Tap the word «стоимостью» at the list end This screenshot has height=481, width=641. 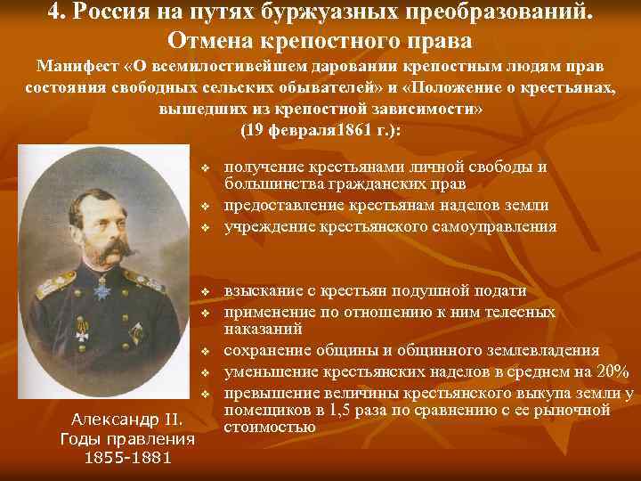[x=269, y=427]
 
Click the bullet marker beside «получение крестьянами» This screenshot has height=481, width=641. [x=204, y=167]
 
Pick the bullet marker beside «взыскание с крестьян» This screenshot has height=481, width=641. [x=204, y=292]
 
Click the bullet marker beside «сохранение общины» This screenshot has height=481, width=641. [x=204, y=353]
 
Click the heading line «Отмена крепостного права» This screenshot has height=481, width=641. [x=320, y=41]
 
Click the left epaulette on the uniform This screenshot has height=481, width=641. [x=54, y=289]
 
